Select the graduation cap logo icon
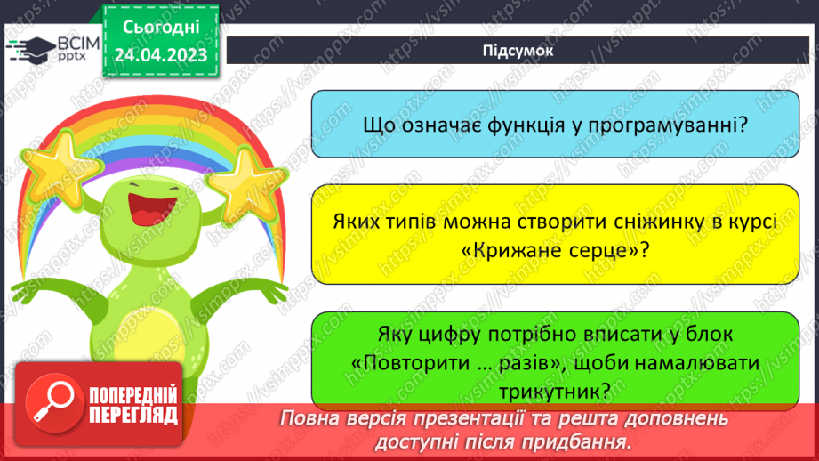(30, 49)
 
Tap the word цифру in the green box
(449, 336)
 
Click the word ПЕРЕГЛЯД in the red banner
(133, 415)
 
